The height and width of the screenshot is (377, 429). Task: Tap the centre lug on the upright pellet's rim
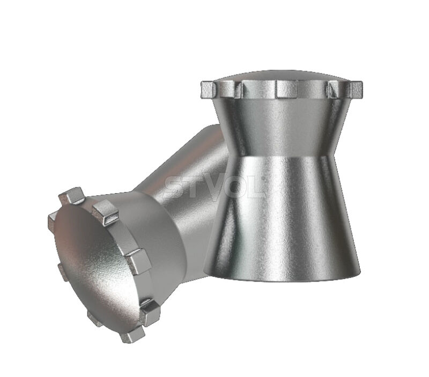(286, 89)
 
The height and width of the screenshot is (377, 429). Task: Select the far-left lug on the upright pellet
(209, 90)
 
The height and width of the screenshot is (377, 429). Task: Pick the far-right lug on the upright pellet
(356, 90)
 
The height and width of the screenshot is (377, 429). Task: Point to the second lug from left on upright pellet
(239, 89)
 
